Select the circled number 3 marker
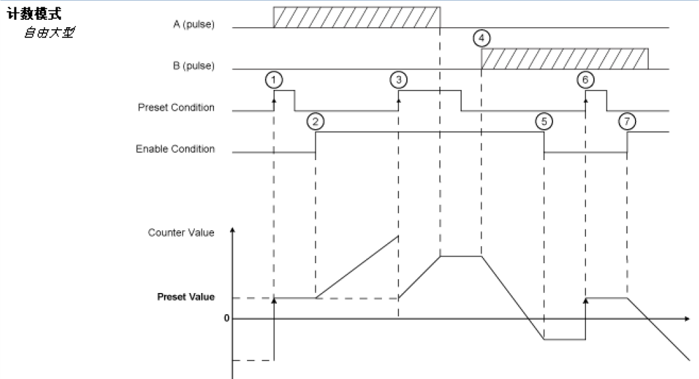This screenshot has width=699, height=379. pos(398,79)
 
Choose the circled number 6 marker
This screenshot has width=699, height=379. pos(585,79)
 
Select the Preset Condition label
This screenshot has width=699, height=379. pos(176,107)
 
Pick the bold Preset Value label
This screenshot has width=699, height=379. pos(186,297)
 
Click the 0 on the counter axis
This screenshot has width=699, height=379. pos(226,318)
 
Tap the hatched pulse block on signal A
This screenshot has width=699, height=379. pos(357,18)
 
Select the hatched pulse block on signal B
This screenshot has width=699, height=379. pos(564,59)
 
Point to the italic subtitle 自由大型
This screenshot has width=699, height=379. pos(49,32)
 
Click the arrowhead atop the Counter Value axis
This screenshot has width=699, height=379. pos(232,230)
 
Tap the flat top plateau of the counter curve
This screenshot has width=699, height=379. pos(460,255)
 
